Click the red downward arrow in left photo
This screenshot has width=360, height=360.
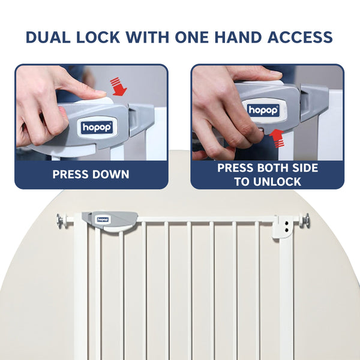point(120,86)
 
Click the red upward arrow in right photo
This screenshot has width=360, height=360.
point(277,137)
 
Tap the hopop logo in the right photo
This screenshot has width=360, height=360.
point(262,110)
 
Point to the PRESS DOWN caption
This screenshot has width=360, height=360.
point(91,175)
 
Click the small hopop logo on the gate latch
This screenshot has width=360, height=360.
point(103,220)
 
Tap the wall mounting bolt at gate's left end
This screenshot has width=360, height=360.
point(61,221)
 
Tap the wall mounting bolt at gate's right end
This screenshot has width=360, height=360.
point(305,221)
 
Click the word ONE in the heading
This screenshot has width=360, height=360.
point(197,37)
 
